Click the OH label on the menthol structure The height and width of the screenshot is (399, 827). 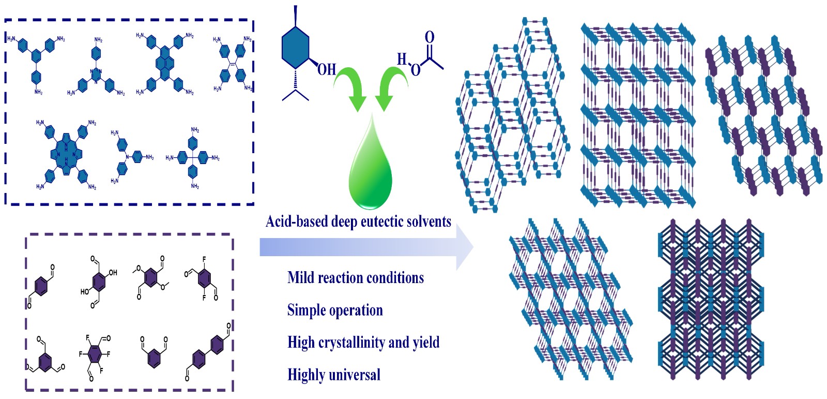pyautogui.click(x=326, y=69)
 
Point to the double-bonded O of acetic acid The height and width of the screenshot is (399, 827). pyautogui.click(x=429, y=37)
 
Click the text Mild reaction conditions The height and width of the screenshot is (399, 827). pyautogui.click(x=356, y=278)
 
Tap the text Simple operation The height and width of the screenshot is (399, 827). pyautogui.click(x=335, y=310)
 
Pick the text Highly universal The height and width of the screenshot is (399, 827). pyautogui.click(x=334, y=374)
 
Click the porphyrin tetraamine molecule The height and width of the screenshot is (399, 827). pyautogui.click(x=66, y=154)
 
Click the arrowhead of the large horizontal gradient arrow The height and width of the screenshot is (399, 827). pyautogui.click(x=464, y=247)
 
